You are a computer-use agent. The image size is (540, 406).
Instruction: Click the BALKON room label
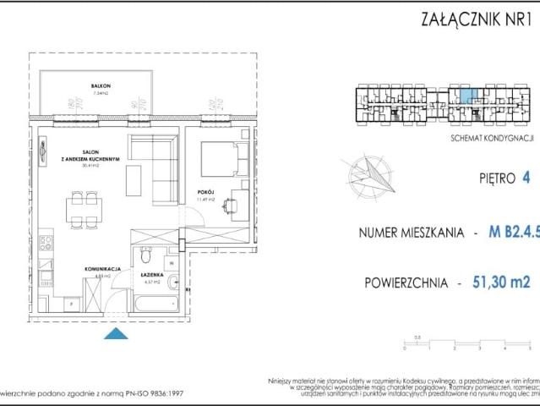(x=102, y=87)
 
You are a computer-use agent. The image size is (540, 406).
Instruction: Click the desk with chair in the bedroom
(x=237, y=203)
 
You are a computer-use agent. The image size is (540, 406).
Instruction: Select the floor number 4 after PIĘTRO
(x=526, y=178)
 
